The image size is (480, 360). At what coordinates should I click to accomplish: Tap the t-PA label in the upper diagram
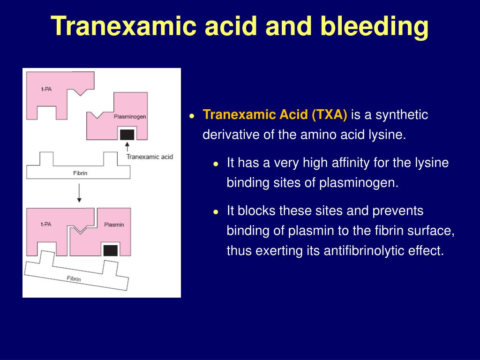pyautogui.click(x=46, y=89)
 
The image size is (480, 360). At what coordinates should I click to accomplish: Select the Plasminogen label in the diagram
pyautogui.click(x=129, y=117)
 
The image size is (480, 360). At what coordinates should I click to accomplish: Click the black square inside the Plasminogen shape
pyautogui.click(x=127, y=135)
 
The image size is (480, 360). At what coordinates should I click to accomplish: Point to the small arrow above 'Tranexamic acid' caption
pyautogui.click(x=127, y=146)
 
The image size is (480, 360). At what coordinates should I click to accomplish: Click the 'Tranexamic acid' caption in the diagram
pyautogui.click(x=150, y=157)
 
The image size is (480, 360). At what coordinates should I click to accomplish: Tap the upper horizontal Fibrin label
pyautogui.click(x=80, y=173)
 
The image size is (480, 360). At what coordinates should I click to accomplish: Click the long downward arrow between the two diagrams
pyautogui.click(x=79, y=193)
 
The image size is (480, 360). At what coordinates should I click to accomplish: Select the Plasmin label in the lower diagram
pyautogui.click(x=114, y=225)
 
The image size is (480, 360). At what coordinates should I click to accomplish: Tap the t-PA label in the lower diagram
pyautogui.click(x=45, y=224)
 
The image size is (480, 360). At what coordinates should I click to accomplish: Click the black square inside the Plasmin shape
pyautogui.click(x=110, y=250)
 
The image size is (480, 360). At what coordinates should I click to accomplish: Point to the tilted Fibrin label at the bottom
pyautogui.click(x=74, y=278)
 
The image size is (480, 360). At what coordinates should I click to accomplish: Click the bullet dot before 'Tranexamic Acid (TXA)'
pyautogui.click(x=192, y=116)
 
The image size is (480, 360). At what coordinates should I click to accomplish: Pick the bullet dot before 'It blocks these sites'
pyautogui.click(x=216, y=212)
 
